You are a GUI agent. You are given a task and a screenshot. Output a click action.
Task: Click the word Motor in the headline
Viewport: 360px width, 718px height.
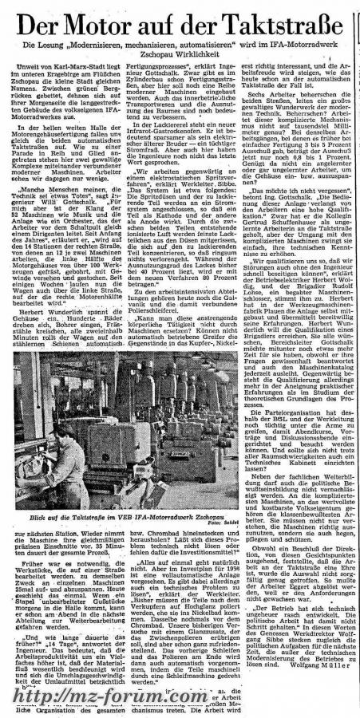click(x=111, y=22)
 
